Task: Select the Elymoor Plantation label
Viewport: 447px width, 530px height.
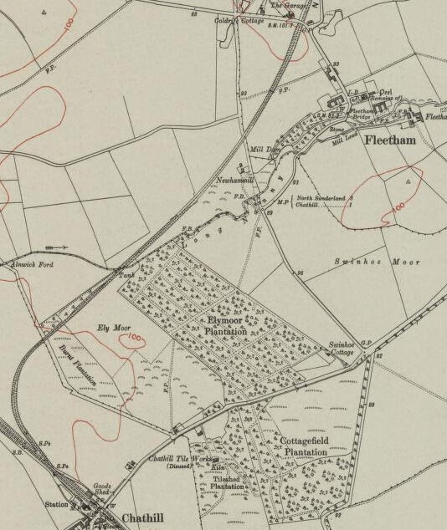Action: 226,325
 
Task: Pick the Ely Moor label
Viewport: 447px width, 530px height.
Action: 115,327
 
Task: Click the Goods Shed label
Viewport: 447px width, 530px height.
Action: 101,490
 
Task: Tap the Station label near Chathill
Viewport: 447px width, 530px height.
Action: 56,504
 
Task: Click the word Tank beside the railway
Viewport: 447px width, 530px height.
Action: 126,274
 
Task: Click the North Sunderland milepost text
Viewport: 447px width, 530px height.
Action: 321,198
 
